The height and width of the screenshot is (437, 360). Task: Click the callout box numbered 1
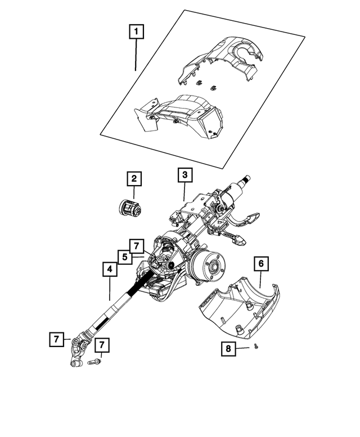[135, 31]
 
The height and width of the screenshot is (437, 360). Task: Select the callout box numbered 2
[134, 179]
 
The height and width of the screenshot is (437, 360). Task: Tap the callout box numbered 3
[184, 175]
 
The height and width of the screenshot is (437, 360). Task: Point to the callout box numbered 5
[125, 257]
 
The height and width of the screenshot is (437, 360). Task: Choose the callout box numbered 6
[261, 263]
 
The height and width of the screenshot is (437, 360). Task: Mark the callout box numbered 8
[228, 349]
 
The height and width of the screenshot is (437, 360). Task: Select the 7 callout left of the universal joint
[56, 339]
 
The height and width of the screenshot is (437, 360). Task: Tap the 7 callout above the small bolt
[102, 345]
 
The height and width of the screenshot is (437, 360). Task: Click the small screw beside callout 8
[255, 348]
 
